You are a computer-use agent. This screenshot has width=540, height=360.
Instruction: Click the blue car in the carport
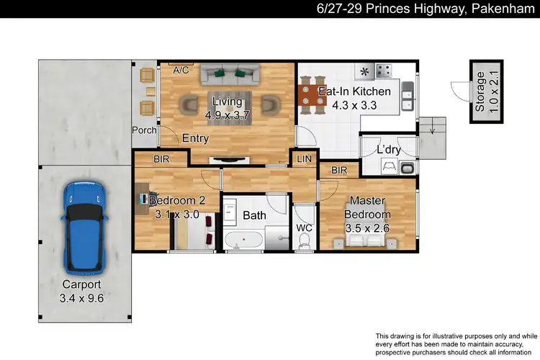(84, 224)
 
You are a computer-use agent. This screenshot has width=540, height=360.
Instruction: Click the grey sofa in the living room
(230, 72)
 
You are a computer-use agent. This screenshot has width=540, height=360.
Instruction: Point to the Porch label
(144, 130)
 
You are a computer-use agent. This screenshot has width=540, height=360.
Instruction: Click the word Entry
(196, 138)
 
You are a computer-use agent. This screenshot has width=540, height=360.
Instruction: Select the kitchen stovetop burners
(384, 71)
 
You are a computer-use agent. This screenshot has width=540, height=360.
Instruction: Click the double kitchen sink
(408, 97)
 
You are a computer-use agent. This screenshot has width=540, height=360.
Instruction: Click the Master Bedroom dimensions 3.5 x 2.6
(368, 228)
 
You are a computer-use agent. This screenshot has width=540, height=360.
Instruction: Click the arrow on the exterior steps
(432, 130)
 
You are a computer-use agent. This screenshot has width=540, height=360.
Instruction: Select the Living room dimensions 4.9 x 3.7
(228, 114)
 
